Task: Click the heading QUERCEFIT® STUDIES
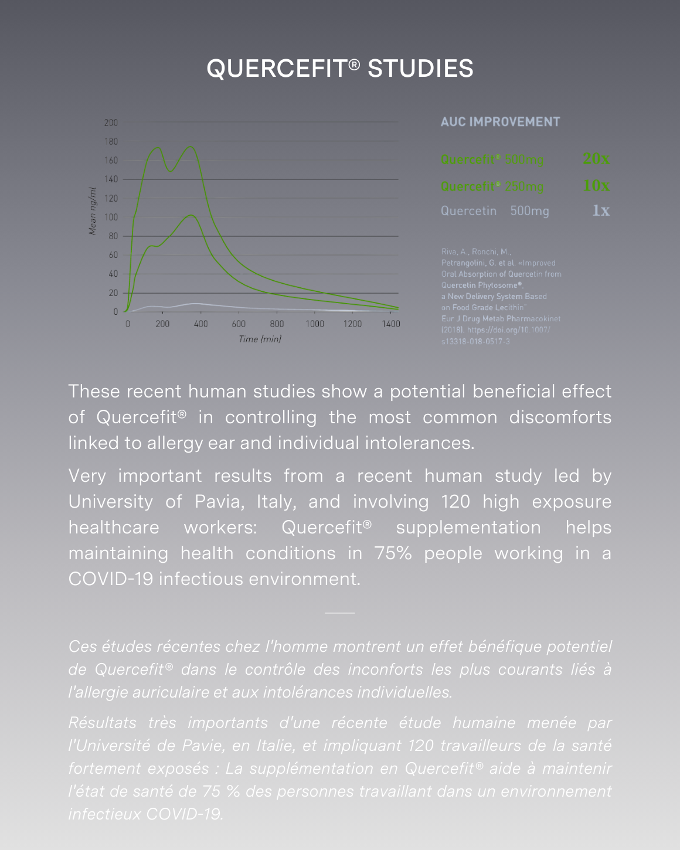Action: (340, 69)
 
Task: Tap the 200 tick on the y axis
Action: (111, 123)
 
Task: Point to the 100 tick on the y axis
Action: (111, 217)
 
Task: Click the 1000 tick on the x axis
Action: (315, 324)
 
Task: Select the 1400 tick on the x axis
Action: (390, 324)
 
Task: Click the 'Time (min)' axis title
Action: (260, 339)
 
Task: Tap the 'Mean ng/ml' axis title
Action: (92, 211)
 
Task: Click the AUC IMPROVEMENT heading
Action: (500, 122)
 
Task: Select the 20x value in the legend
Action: (596, 159)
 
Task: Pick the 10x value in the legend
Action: (596, 186)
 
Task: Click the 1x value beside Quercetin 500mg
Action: (601, 210)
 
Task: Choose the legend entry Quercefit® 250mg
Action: (492, 186)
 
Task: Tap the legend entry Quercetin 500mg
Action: (495, 211)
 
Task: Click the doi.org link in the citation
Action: (508, 330)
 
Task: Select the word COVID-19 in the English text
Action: (111, 579)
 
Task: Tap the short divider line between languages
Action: (339, 613)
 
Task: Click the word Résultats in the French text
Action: (103, 723)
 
